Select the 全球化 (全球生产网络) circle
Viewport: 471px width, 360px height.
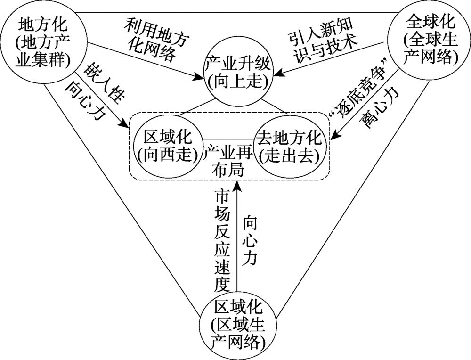[x=428, y=41]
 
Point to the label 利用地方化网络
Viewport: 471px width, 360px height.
[x=150, y=41]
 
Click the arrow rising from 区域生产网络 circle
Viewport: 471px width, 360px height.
[x=237, y=236]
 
